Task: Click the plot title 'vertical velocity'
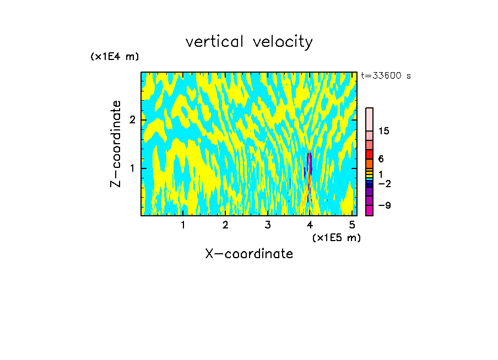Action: pos(249,42)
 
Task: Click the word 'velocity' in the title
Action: pos(282,42)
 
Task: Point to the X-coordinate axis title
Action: pos(249,254)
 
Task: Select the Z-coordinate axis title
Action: pos(116,144)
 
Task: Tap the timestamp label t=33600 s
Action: pos(386,76)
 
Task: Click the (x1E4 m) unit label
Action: pos(115,57)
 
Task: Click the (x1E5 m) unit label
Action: pos(336,237)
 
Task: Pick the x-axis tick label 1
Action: pos(183,225)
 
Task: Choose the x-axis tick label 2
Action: pos(225,225)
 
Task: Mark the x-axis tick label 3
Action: pos(268,225)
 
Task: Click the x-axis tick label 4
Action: pos(310,225)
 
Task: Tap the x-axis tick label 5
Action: pos(352,225)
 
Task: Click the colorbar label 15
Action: pos(384,131)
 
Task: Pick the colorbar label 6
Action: pos(381,159)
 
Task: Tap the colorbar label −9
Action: pos(384,206)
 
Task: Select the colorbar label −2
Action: pos(384,183)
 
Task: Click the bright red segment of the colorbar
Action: pos(369,155)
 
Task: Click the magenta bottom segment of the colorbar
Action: pos(369,210)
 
